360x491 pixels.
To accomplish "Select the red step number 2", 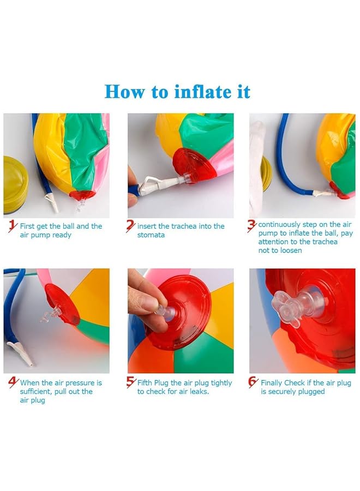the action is pyautogui.click(x=130, y=226).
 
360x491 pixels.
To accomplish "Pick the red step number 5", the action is pyautogui.click(x=131, y=382).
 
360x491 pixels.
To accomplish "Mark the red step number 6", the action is pyautogui.click(x=253, y=382).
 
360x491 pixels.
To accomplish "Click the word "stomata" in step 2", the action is pyautogui.click(x=151, y=235).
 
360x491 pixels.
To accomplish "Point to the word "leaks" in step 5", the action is pyautogui.click(x=199, y=391).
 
